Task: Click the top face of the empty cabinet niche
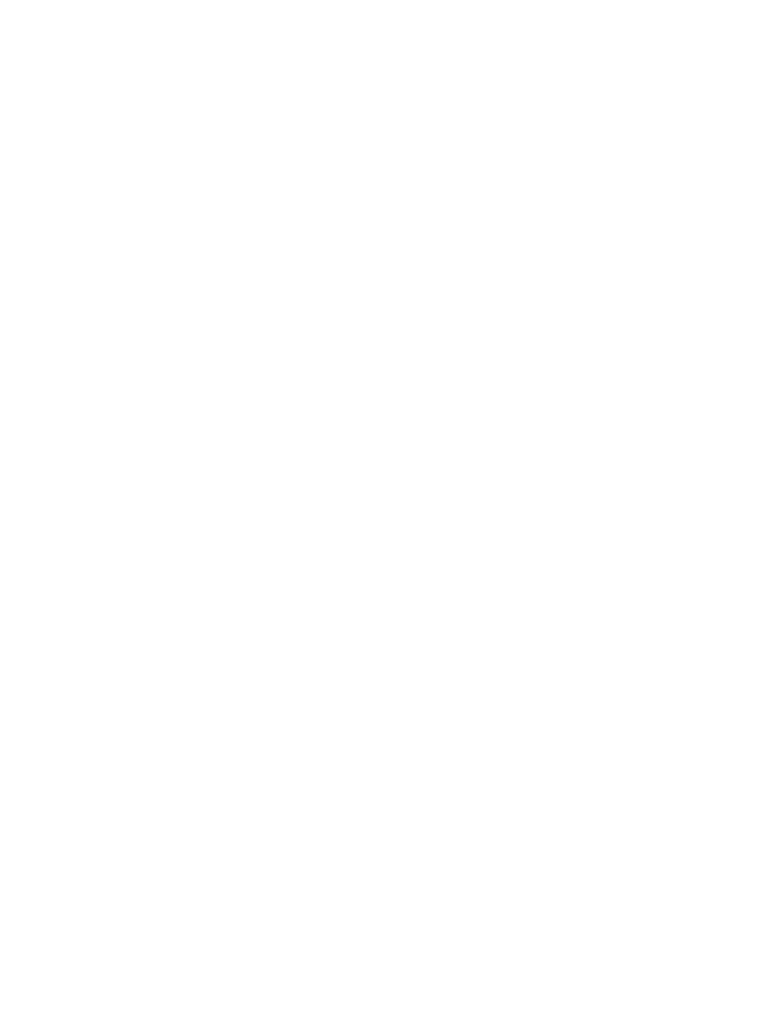tap(200, 170)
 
